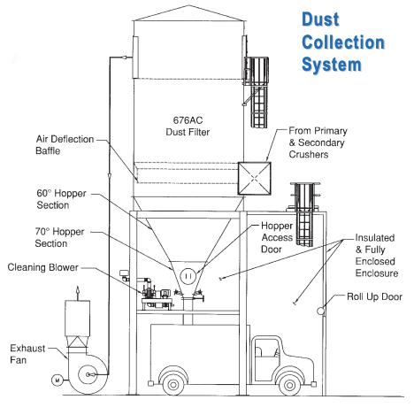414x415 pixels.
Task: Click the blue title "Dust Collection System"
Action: click(x=343, y=42)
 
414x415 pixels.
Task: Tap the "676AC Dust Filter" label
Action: click(x=188, y=127)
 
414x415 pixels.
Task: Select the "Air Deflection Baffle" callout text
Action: click(x=65, y=145)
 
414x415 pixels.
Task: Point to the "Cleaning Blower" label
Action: click(x=43, y=267)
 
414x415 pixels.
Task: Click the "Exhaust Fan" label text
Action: click(x=27, y=354)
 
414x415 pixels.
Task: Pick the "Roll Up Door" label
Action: click(x=374, y=296)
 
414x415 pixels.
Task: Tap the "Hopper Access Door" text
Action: click(x=277, y=237)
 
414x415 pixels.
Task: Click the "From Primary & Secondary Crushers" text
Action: click(x=318, y=142)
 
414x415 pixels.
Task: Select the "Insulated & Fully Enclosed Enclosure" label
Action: click(x=377, y=256)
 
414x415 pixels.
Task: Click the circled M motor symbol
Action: click(x=57, y=380)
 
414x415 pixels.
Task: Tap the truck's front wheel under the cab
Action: click(x=289, y=385)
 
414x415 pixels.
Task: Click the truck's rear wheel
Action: click(x=173, y=385)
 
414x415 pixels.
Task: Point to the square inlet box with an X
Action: click(x=254, y=178)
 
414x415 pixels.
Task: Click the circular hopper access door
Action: click(x=188, y=276)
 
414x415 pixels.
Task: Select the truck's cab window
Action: click(x=267, y=348)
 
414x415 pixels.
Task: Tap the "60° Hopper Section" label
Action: click(x=61, y=199)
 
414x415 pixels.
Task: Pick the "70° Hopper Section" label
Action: click(x=59, y=237)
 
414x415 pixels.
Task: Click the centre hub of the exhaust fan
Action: click(x=88, y=374)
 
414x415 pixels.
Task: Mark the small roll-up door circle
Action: click(x=320, y=311)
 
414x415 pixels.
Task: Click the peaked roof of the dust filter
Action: click(x=188, y=13)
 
